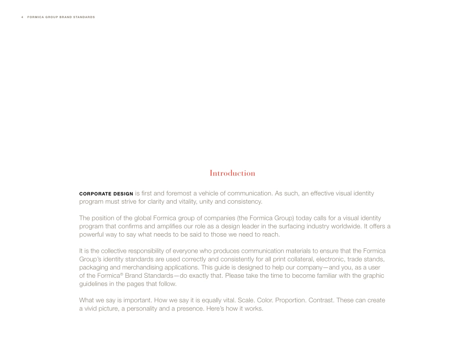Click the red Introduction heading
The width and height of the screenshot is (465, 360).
232,173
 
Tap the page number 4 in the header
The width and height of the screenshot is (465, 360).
23,17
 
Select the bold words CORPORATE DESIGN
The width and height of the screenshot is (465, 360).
106,194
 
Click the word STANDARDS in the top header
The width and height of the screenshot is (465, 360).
83,17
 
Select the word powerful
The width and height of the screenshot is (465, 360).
92,234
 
